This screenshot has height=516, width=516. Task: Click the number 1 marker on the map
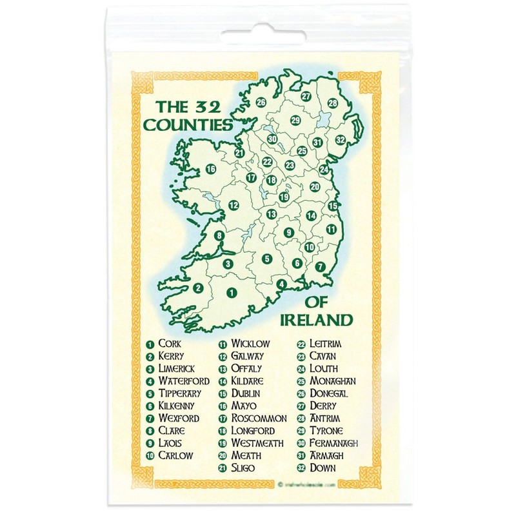[x=230, y=293]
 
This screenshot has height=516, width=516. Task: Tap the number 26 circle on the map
[x=261, y=102]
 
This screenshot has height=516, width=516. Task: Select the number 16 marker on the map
[x=210, y=170]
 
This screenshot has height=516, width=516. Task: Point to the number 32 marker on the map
[x=340, y=140]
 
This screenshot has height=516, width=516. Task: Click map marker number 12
[x=233, y=205]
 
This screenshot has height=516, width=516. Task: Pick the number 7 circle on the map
[x=319, y=266]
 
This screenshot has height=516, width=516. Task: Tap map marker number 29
[x=295, y=120]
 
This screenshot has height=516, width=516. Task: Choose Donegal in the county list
[x=329, y=393]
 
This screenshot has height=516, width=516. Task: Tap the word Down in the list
[x=322, y=468]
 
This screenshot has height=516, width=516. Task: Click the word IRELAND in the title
[x=317, y=320]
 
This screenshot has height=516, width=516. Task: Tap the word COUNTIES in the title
[x=187, y=124]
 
